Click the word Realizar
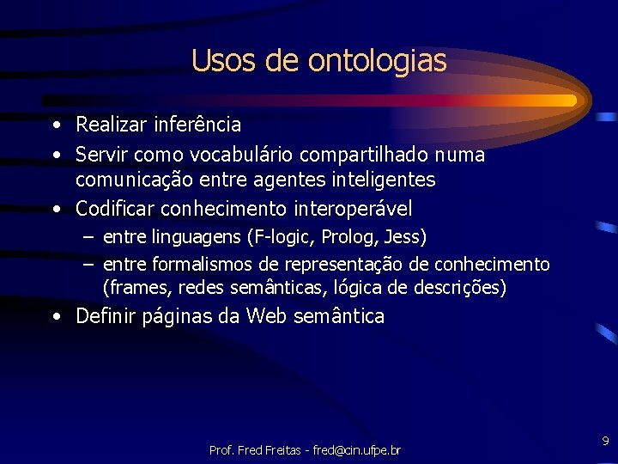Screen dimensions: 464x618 (112, 125)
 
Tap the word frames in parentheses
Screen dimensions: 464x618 (135, 287)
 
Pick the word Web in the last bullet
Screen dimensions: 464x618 (267, 316)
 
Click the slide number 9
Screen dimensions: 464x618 (605, 442)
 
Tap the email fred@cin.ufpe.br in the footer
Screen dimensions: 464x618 (356, 450)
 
